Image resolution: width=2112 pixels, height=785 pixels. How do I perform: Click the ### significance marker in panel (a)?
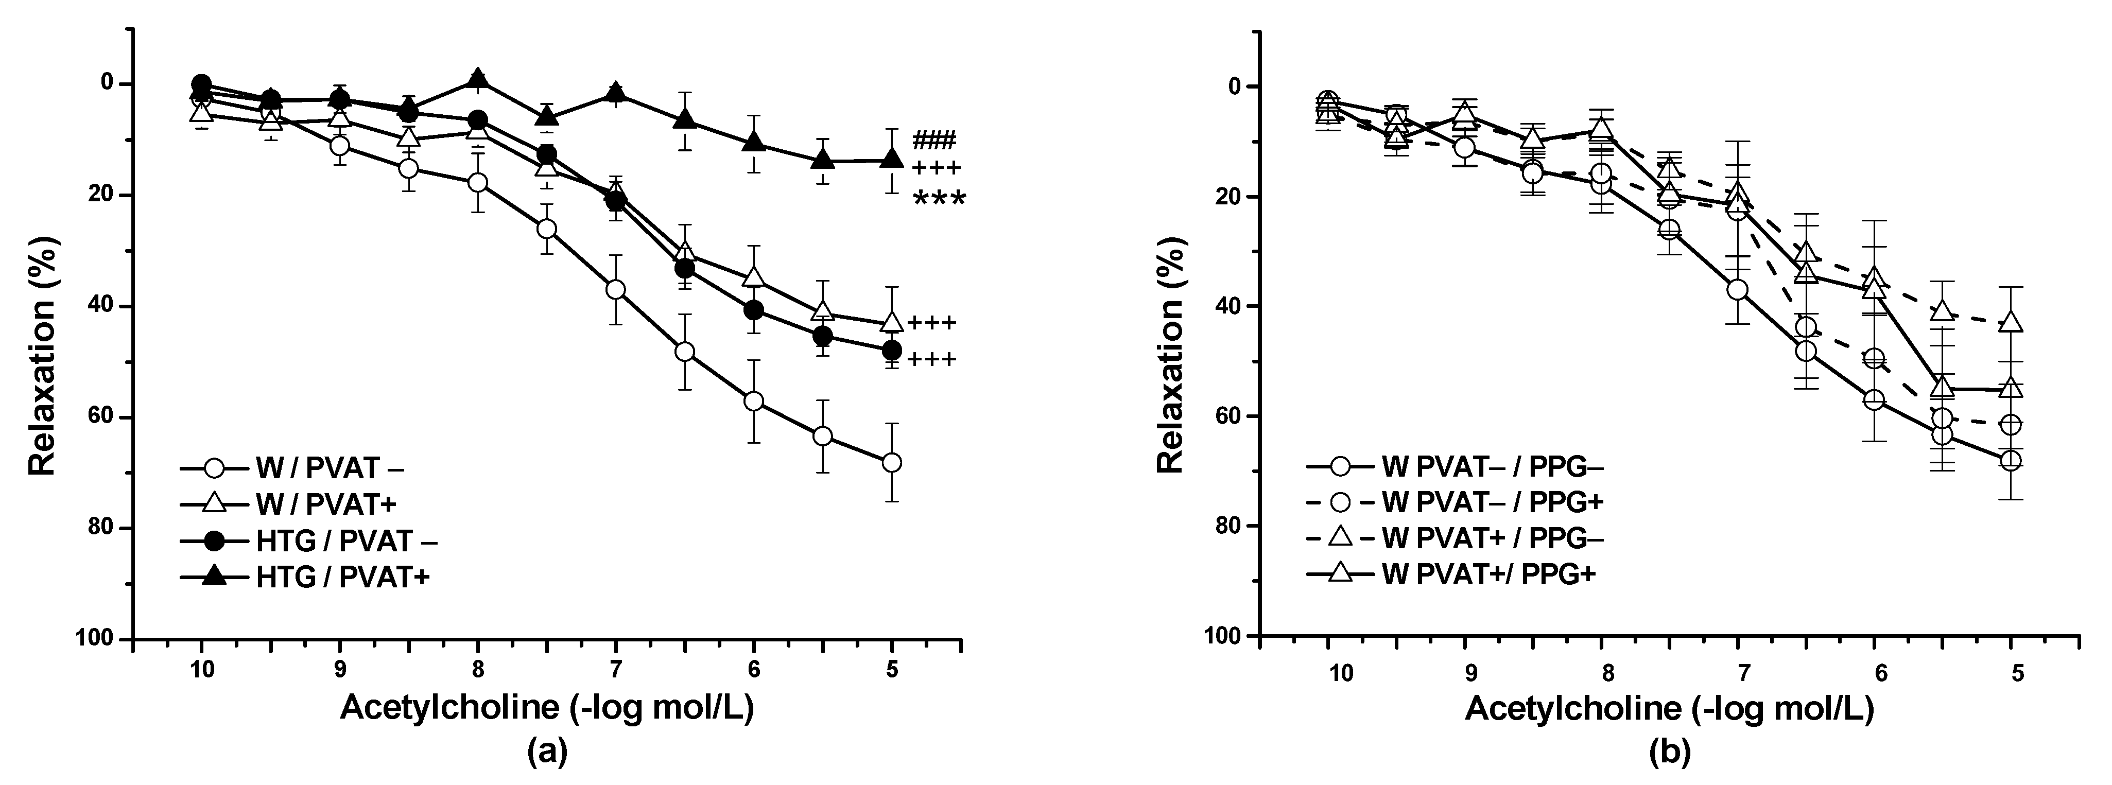point(934,140)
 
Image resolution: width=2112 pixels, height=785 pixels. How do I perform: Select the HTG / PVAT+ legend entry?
point(343,578)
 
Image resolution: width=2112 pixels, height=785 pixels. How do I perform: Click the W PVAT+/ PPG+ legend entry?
point(1488,573)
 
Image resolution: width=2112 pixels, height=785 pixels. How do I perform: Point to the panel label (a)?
point(548,752)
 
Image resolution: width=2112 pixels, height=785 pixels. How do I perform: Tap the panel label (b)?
point(1669,752)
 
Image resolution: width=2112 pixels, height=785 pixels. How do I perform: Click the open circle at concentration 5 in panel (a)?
point(892,463)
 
